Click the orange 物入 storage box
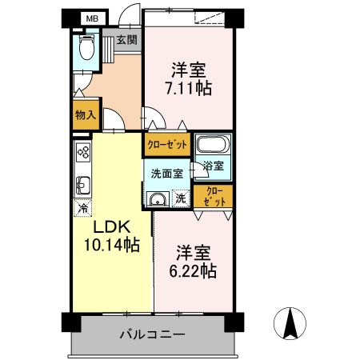(x=86, y=115)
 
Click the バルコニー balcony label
(x=153, y=334)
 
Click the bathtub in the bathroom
(x=212, y=146)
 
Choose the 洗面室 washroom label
(x=166, y=173)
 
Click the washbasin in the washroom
(x=158, y=199)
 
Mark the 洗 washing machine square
(x=182, y=198)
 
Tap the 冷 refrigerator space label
(x=83, y=209)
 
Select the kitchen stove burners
(x=83, y=152)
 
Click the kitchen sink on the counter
(x=83, y=186)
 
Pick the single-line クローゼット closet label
(x=166, y=145)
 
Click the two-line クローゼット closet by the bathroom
(x=214, y=197)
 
